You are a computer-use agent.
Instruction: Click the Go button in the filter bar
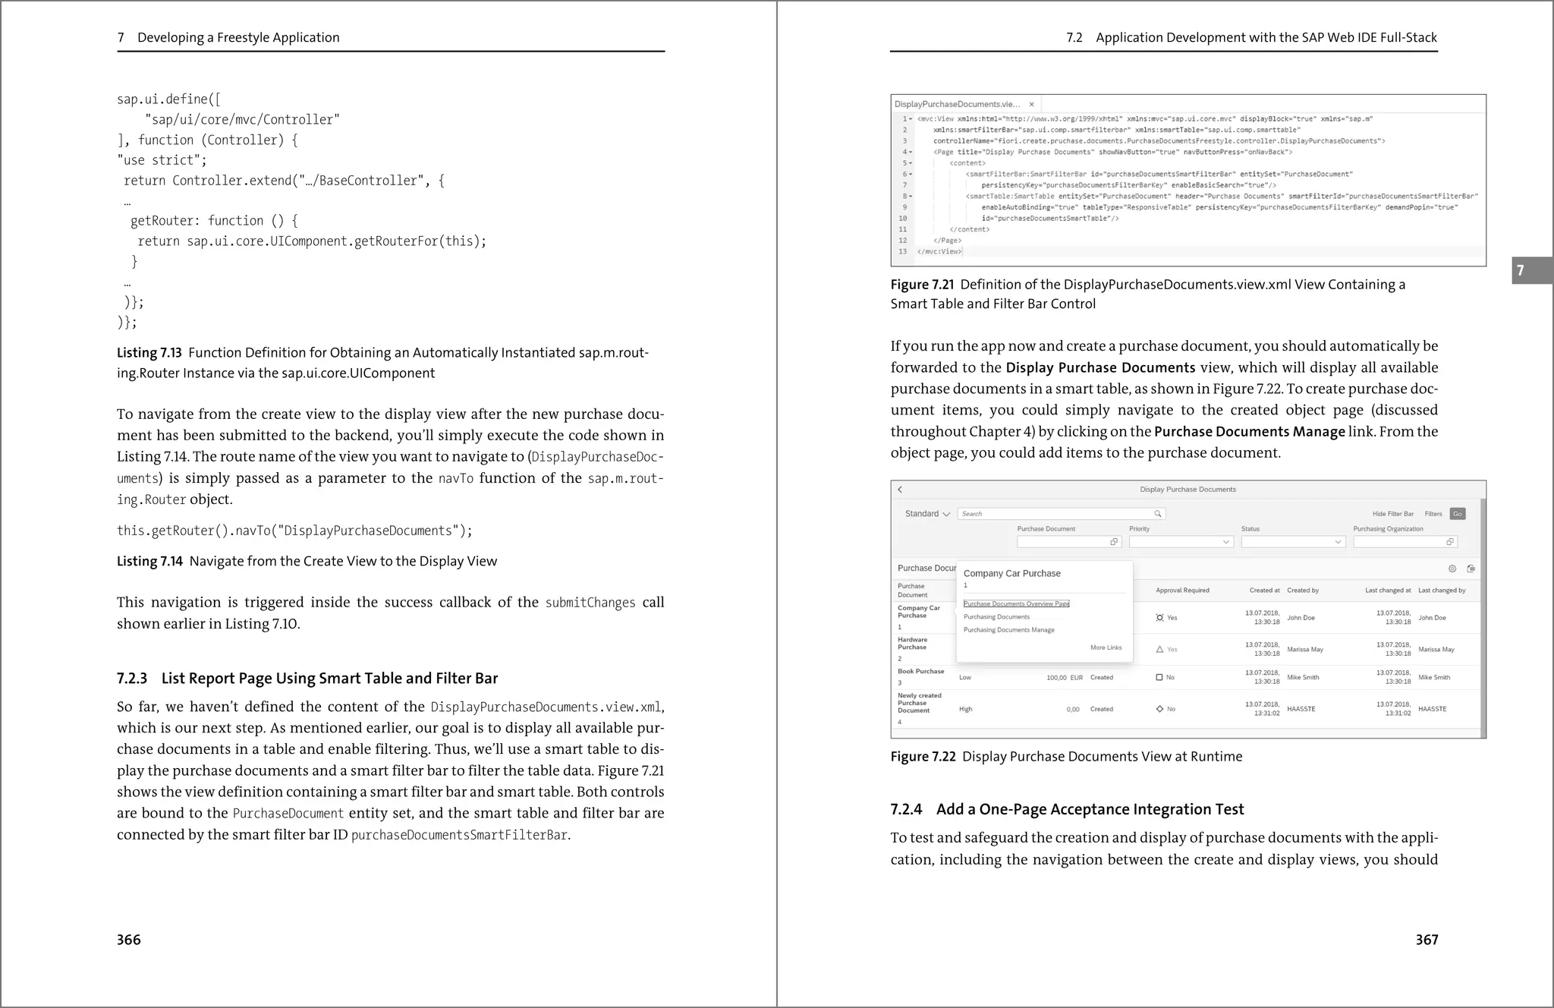(1457, 514)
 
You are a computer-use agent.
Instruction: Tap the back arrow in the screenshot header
(901, 490)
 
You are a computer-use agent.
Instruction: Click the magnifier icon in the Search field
(1158, 514)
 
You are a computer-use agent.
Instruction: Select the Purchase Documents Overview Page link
(1016, 603)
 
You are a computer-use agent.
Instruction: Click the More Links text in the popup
(1106, 647)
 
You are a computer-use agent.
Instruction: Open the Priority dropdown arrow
(1225, 542)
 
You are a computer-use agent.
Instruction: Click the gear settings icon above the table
(1452, 569)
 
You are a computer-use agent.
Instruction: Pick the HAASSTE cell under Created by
(1301, 709)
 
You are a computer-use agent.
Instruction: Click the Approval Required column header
(1182, 591)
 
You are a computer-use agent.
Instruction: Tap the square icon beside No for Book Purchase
(1159, 677)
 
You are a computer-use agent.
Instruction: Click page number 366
(129, 940)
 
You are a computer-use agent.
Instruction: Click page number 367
(1427, 940)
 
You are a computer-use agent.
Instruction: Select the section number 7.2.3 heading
(132, 679)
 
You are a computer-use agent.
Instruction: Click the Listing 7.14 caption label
(149, 562)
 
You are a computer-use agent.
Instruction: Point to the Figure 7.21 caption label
(922, 285)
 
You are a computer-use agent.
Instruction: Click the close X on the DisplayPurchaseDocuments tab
(1031, 105)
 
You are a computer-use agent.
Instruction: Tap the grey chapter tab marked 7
(1530, 270)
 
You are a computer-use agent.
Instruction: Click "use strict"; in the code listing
(162, 160)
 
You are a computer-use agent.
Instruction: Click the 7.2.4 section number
(906, 810)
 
